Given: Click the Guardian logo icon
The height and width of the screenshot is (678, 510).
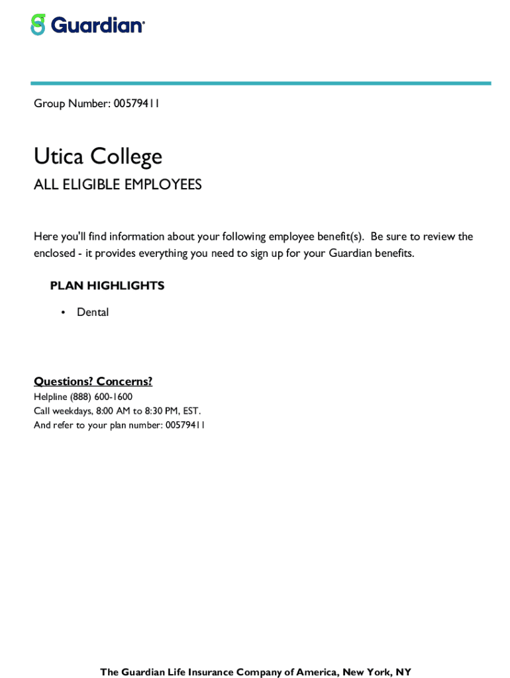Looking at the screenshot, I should click(38, 25).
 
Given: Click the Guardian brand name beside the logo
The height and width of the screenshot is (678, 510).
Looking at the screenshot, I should click(97, 26).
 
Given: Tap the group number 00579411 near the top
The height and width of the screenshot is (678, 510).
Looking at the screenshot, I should click(136, 104).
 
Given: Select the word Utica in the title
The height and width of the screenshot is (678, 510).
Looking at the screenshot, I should click(59, 157).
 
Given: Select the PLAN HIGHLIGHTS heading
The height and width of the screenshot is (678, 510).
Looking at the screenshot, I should click(107, 286).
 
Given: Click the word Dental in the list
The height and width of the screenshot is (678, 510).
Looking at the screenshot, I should click(93, 313).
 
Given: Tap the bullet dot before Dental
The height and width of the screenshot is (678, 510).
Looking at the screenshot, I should click(63, 313).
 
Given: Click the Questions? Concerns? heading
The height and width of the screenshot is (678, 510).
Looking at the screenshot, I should click(93, 381).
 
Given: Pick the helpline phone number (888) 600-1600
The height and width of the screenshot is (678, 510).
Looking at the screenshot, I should click(101, 397).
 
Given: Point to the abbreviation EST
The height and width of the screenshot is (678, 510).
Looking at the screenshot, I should click(191, 411).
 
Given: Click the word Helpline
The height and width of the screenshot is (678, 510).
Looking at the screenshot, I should click(50, 397).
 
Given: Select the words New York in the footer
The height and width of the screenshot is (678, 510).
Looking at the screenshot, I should click(366, 673).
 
